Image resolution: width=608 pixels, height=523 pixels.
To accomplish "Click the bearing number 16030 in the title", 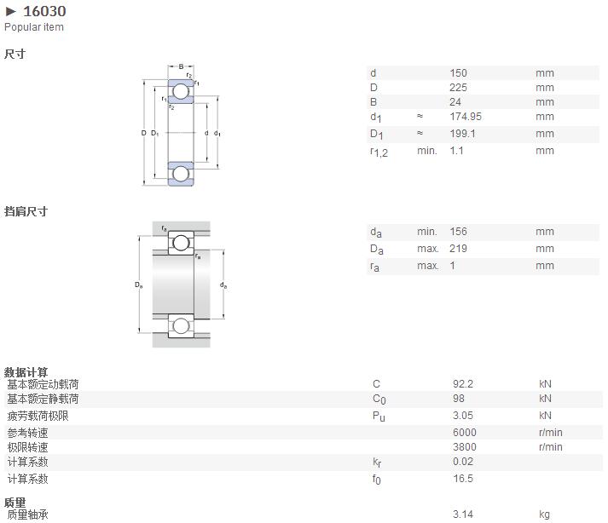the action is tap(44, 11).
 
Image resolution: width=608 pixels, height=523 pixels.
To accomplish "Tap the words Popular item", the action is tap(34, 27).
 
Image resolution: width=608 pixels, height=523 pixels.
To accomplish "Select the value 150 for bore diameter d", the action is tap(458, 73).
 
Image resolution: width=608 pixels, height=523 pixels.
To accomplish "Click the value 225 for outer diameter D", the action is tap(458, 88).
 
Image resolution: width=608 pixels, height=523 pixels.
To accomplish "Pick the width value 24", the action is tap(455, 102).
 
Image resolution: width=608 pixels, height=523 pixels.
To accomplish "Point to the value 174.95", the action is tap(466, 117).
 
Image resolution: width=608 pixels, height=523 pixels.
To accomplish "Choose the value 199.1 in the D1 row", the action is tap(462, 134).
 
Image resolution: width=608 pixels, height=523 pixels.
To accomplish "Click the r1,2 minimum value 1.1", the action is tap(457, 151).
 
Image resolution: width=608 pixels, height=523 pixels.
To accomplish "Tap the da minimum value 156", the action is tap(458, 232).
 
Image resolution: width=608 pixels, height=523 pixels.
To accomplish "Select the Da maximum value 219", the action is tap(458, 249).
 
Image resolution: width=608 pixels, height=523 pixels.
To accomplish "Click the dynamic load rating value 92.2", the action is tap(463, 384).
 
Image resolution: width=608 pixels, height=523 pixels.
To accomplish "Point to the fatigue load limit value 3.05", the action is tap(463, 416).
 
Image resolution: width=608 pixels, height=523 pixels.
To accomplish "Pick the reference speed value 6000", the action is tap(465, 433).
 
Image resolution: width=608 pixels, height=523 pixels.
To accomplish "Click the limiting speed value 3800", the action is tap(465, 447).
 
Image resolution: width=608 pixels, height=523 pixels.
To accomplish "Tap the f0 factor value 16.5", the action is tap(463, 479).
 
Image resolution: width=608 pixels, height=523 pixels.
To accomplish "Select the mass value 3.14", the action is tap(463, 514).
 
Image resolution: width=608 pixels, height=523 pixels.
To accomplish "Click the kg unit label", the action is tap(544, 514).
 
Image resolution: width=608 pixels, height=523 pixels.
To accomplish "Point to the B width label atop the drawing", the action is tap(181, 66).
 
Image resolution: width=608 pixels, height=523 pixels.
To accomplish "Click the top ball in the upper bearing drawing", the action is tap(181, 91).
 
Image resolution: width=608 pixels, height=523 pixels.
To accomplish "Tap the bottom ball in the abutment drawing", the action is tap(181, 325).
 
